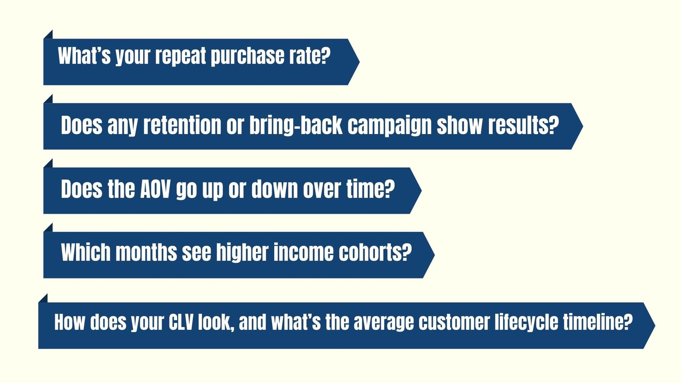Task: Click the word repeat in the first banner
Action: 181,56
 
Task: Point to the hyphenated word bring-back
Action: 296,126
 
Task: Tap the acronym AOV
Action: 155,189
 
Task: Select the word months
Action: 146,252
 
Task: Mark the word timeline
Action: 598,322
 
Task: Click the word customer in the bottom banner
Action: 454,322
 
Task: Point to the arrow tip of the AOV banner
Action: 421,190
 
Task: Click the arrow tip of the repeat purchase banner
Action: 359,62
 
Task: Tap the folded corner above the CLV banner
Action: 44,299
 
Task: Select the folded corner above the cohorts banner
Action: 49,228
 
